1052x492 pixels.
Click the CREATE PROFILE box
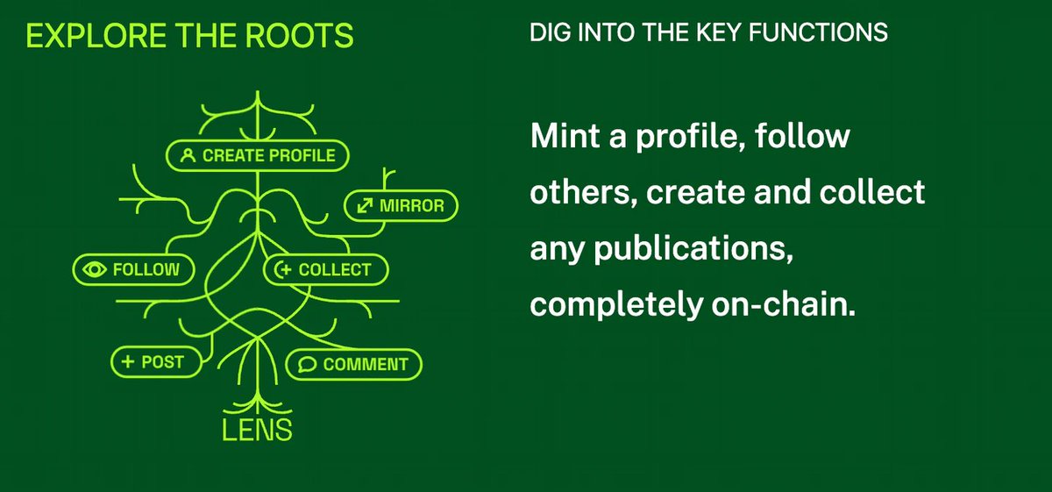[x=258, y=155]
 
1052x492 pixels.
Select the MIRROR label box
[x=402, y=206]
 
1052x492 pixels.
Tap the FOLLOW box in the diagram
[x=132, y=269]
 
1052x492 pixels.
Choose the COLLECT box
[x=324, y=269]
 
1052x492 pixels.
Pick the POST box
[x=154, y=361]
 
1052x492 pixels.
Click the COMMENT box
[x=354, y=364]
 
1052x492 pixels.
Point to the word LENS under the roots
[x=257, y=431]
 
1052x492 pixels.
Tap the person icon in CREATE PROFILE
[x=187, y=156]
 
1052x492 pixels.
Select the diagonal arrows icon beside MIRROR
[x=364, y=206]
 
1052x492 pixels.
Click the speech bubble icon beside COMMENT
[x=306, y=364]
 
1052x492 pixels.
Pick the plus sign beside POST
[x=127, y=361]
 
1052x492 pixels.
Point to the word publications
[x=684, y=250]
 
